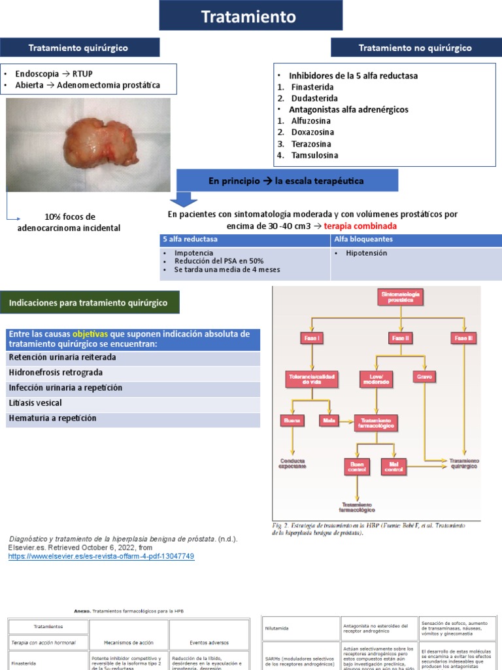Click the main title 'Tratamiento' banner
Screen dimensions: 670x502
(250, 16)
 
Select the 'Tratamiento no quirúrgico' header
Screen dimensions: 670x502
(415, 48)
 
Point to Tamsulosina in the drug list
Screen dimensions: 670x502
(315, 155)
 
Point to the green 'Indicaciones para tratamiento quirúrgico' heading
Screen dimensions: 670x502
(88, 303)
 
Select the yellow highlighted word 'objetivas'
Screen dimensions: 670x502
(91, 334)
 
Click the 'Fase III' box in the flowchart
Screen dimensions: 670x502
(463, 338)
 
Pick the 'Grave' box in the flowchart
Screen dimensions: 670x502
(424, 378)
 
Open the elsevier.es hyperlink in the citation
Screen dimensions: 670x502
(101, 556)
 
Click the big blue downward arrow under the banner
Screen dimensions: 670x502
(184, 198)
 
